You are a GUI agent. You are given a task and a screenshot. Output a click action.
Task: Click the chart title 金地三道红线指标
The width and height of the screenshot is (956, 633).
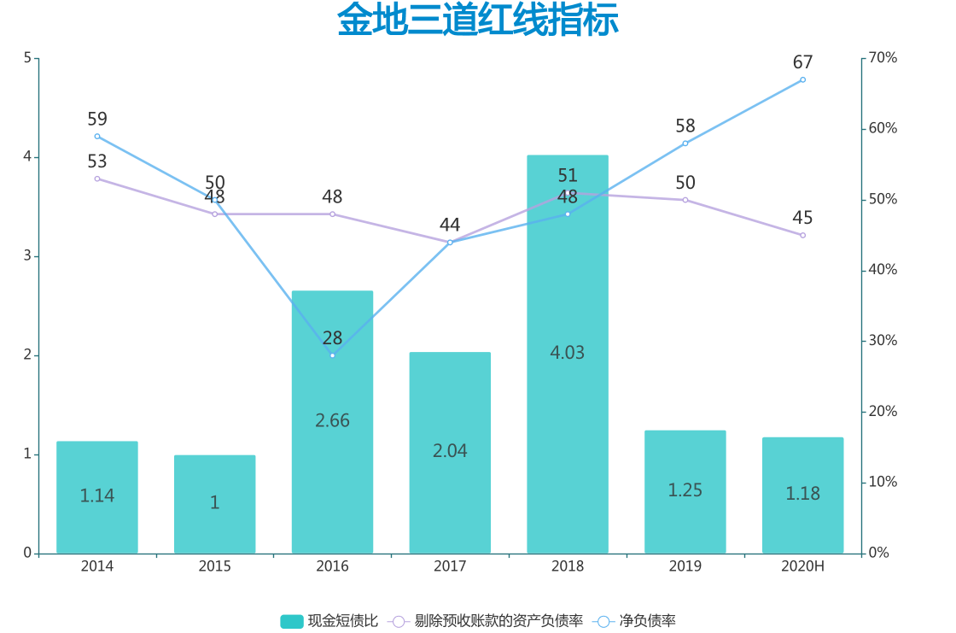478,21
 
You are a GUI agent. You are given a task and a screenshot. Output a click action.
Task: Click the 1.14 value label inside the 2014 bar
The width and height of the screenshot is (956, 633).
97,495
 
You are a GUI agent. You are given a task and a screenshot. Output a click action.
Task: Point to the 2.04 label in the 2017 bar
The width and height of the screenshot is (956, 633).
450,451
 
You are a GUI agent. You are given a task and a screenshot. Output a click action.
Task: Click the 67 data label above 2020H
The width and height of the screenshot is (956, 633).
802,62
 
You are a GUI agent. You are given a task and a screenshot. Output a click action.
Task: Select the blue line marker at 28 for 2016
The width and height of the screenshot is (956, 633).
332,355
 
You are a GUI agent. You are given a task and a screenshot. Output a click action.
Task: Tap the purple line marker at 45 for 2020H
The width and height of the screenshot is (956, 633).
802,235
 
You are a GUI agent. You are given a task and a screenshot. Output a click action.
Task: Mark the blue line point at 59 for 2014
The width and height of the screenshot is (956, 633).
97,136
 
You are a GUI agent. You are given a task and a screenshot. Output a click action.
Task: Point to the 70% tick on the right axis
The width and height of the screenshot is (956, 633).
883,58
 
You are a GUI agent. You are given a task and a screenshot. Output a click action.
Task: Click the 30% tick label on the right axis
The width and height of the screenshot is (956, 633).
883,341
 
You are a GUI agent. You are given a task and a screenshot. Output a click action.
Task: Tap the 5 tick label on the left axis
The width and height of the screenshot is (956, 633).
27,58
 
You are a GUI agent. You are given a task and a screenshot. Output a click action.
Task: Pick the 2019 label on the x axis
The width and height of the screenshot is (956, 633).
685,566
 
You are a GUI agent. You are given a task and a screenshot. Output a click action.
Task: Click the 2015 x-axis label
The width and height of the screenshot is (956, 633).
214,566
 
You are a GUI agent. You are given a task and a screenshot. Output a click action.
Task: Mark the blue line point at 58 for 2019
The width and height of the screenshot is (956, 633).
685,143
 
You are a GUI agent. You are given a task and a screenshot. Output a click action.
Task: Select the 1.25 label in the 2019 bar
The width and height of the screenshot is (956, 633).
685,490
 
